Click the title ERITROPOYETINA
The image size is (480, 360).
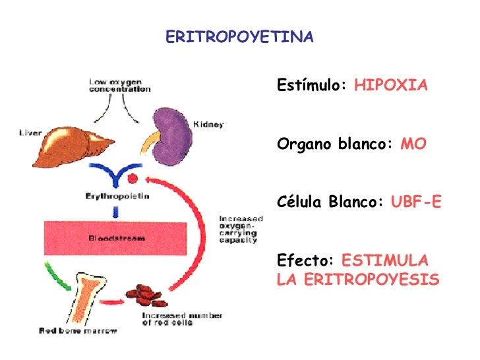[x=239, y=37]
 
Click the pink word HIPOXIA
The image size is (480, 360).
[x=391, y=86]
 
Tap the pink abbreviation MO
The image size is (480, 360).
[x=413, y=144]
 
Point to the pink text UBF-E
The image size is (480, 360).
[x=415, y=202]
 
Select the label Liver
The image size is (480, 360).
[x=30, y=132]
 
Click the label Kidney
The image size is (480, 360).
[x=208, y=125]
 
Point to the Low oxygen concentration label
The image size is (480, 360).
[x=119, y=85]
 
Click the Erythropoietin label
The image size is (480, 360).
[x=117, y=196]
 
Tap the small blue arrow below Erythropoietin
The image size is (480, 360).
[x=117, y=212]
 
